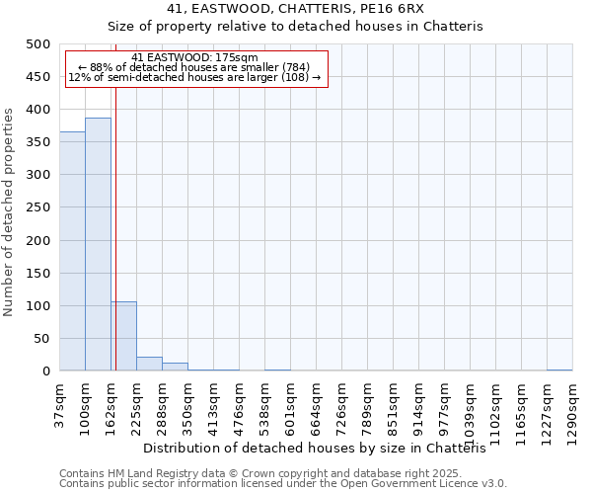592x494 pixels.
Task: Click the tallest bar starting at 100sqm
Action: coord(98,244)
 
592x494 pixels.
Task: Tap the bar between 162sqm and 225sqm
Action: coord(123,336)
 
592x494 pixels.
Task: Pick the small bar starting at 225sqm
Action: coord(149,364)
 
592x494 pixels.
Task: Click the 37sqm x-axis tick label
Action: coord(59,404)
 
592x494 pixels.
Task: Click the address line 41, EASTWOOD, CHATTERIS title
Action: coord(295,9)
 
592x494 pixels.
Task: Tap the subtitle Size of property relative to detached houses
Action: coord(295,27)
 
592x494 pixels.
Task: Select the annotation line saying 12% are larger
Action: coord(194,77)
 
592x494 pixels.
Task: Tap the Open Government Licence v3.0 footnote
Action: coord(283,484)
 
